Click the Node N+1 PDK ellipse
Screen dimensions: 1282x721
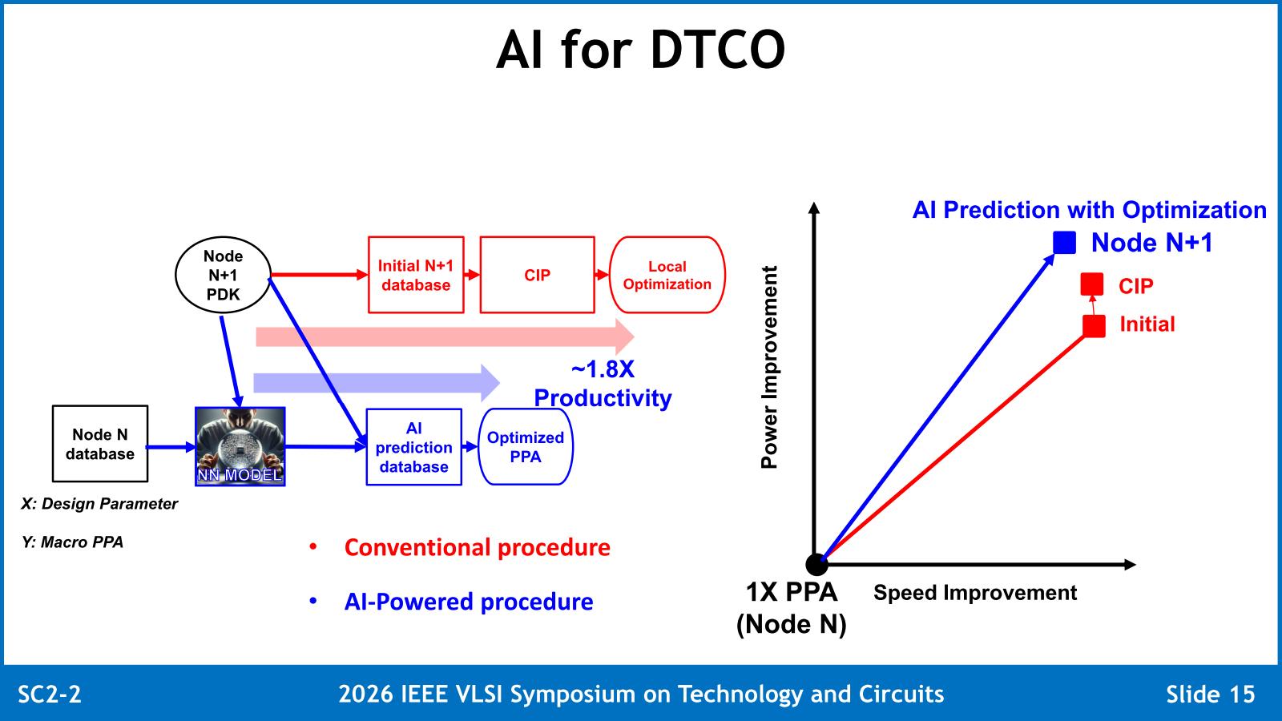(223, 275)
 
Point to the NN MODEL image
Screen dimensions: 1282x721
(240, 447)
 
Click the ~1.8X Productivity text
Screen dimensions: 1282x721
(603, 384)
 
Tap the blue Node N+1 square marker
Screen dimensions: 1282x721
(1065, 243)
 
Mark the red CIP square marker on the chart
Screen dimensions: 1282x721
(1092, 284)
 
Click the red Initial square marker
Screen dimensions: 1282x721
(1095, 326)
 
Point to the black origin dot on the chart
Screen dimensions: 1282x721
(816, 564)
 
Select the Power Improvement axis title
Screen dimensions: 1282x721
(769, 368)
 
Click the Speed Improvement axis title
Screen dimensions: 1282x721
(975, 592)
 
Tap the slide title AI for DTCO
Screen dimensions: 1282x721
(641, 50)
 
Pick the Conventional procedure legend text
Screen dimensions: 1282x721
(478, 548)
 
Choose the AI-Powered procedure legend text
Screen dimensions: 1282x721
(469, 602)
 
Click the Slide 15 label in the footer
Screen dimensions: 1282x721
(1211, 694)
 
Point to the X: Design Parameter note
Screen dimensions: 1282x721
(99, 504)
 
